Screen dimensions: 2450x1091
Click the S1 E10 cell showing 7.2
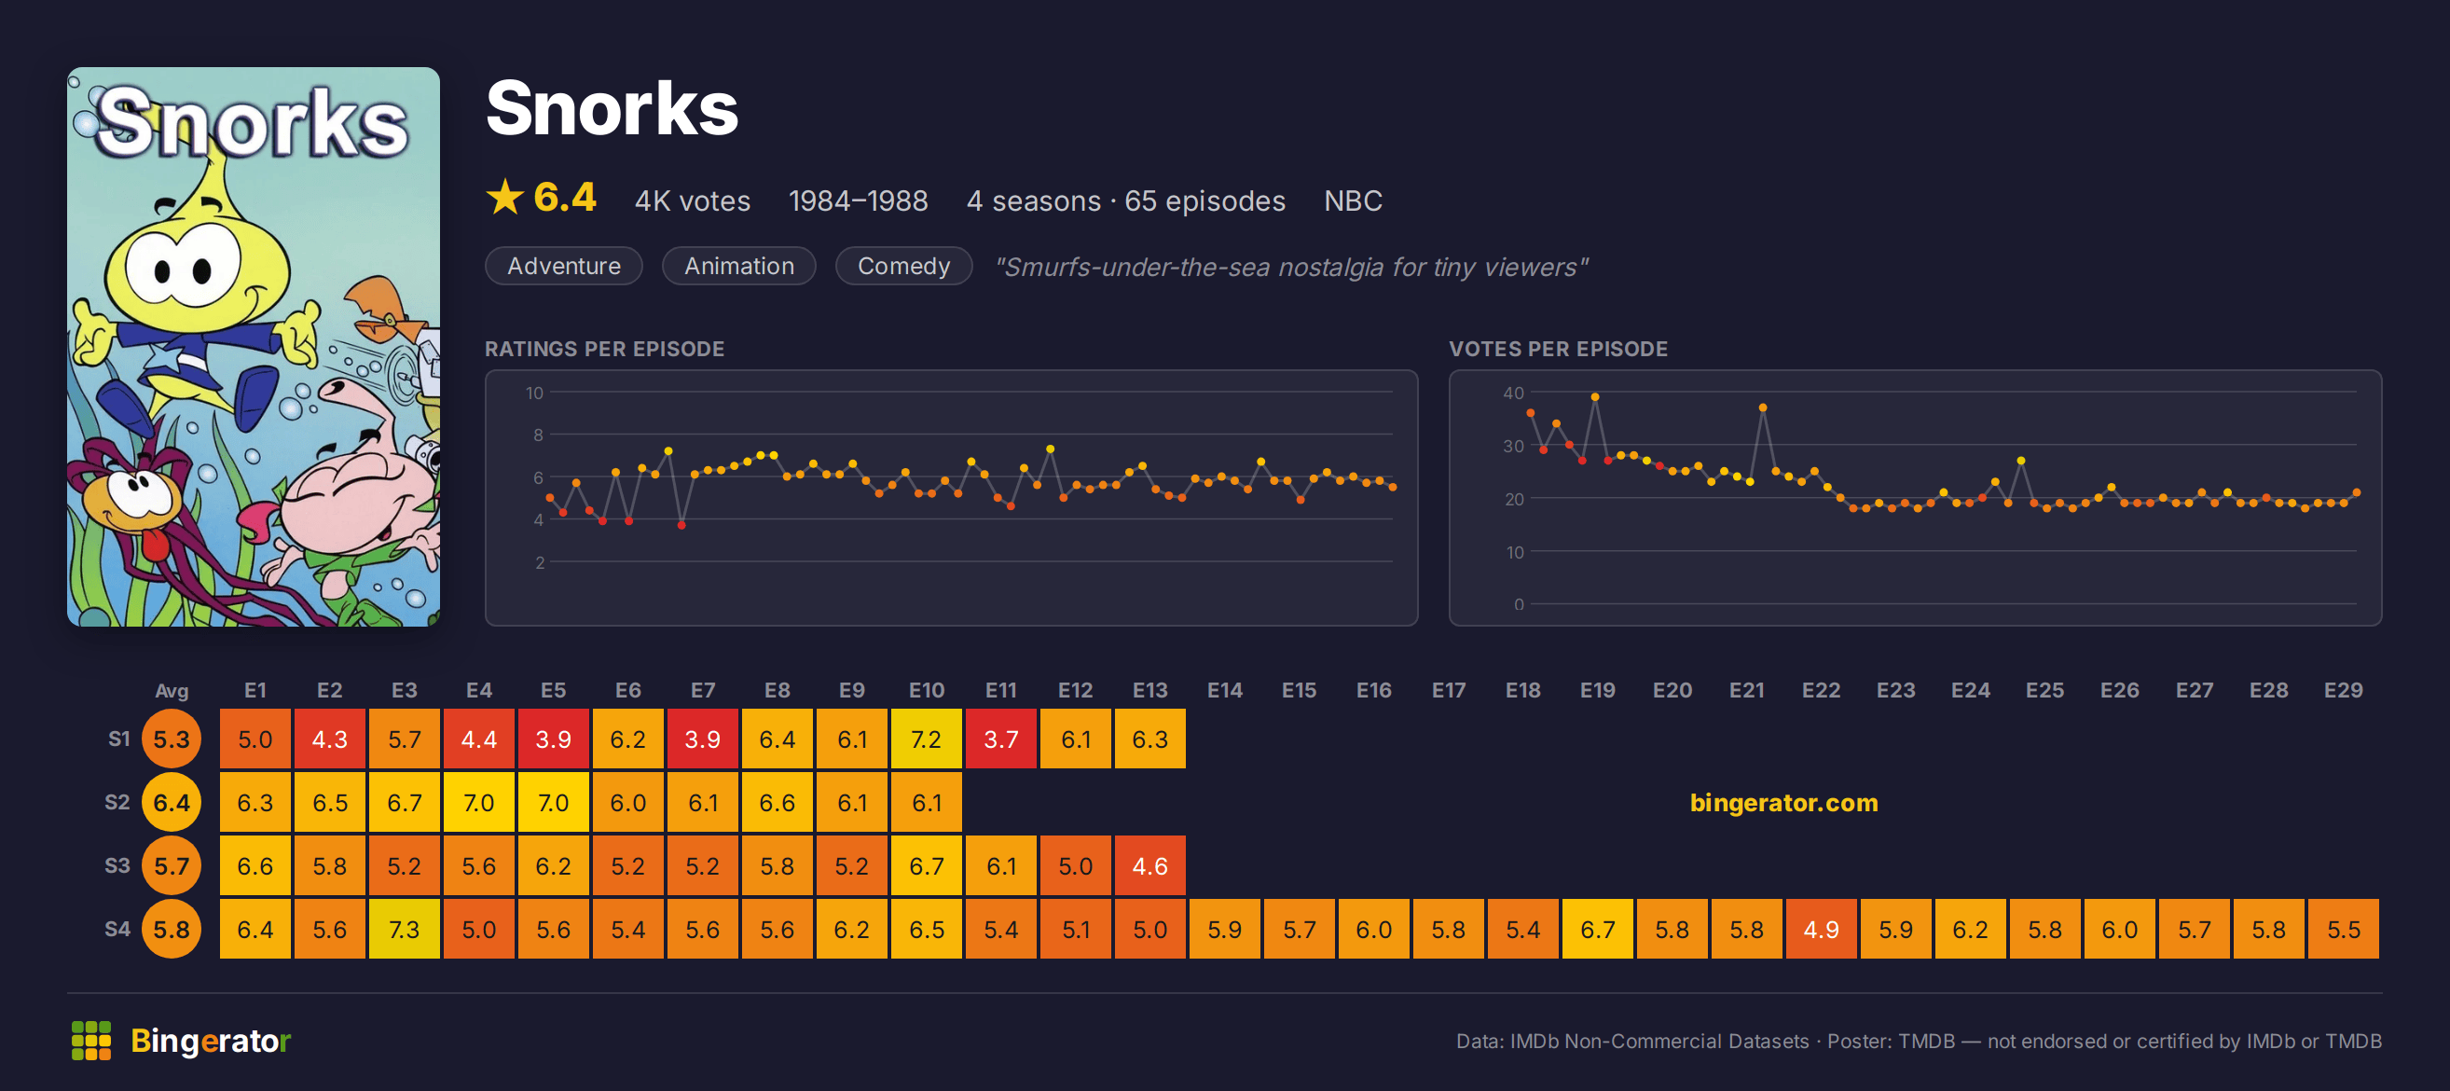tap(927, 739)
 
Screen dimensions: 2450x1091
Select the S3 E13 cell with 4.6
tap(1149, 865)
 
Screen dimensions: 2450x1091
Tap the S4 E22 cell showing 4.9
tap(1822, 930)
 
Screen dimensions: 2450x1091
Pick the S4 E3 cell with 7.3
tap(405, 930)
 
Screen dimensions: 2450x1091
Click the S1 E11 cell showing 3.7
tap(1000, 739)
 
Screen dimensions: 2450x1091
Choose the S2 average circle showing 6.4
tap(172, 803)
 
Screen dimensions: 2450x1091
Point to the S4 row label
tap(117, 929)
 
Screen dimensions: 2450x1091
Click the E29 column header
tap(2344, 691)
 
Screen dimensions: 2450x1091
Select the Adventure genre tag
tap(564, 267)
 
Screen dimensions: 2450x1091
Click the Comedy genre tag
tap(903, 267)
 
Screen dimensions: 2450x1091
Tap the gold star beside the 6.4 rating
tap(505, 198)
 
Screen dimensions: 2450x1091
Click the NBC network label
tap(1353, 200)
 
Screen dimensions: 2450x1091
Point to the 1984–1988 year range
tap(858, 200)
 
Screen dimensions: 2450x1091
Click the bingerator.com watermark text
tap(1783, 803)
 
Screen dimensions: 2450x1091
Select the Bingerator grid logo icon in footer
tap(91, 1041)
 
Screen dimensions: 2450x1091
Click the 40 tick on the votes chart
tap(1513, 393)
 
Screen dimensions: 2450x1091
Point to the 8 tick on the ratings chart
tap(538, 435)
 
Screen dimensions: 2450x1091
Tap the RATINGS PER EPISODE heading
tap(605, 349)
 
